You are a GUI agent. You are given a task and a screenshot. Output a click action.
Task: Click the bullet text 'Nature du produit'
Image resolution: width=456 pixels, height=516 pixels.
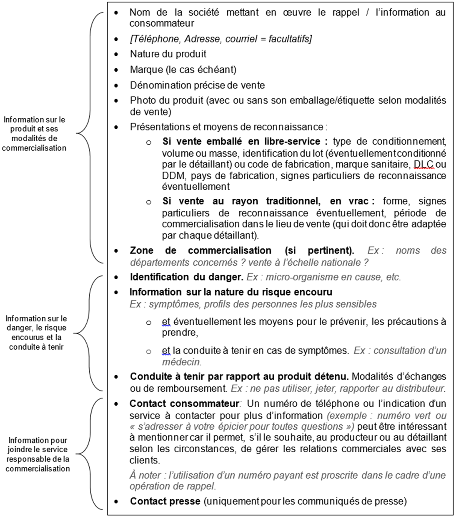168,54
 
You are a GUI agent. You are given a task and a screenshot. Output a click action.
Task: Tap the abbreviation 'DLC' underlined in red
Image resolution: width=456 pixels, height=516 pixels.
423,164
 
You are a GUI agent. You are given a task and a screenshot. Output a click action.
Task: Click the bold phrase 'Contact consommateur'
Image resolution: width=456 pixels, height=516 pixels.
184,403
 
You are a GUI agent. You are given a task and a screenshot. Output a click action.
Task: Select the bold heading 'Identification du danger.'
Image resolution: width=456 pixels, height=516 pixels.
186,277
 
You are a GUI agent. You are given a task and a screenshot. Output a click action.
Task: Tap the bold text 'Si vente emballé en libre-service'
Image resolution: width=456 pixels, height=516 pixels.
242,141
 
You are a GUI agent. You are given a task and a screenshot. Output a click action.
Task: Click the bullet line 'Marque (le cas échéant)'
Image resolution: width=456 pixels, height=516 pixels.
183,70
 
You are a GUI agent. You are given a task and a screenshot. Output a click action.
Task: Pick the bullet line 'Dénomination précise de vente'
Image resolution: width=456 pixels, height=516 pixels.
197,85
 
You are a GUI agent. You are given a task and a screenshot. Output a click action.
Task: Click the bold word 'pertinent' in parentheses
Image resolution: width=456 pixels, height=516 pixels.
329,250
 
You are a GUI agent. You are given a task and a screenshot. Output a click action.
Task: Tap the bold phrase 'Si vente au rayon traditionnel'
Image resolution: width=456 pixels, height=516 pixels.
242,201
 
